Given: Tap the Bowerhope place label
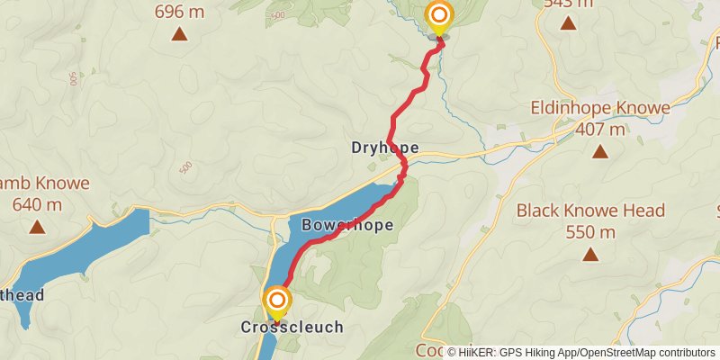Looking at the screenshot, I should click(348, 225).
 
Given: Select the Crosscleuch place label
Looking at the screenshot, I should click(292, 328).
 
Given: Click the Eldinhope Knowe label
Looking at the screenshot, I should click(600, 109).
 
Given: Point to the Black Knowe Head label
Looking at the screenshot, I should click(591, 211).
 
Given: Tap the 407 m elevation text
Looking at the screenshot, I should click(600, 130).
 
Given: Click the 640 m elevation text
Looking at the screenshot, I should click(38, 204).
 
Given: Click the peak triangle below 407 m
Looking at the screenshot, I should click(600, 151).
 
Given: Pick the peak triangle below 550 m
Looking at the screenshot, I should click(591, 255).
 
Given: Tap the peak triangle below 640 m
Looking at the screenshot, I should click(38, 226).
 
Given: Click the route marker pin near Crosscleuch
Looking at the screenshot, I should click(277, 301).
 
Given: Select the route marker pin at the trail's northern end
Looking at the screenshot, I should click(439, 17).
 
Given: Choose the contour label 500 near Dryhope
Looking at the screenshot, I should click(186, 167).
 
